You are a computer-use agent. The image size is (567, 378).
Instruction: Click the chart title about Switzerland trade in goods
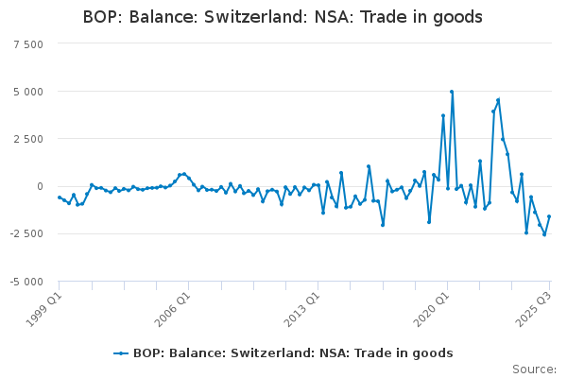(x=283, y=17)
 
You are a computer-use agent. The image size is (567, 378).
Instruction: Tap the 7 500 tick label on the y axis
(x=28, y=44)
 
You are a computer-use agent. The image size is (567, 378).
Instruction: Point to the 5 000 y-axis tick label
(x=28, y=92)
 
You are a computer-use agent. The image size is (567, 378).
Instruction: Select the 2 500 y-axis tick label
(x=28, y=139)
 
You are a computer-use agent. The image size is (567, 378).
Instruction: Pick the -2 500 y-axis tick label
(x=26, y=233)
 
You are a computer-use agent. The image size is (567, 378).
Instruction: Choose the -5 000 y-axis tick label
(x=26, y=282)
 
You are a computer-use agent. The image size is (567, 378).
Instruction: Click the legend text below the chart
(x=293, y=353)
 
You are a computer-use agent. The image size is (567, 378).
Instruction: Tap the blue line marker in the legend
(x=121, y=353)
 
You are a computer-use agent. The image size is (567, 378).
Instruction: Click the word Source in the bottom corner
(x=533, y=369)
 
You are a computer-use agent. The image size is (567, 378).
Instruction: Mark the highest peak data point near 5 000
(x=452, y=92)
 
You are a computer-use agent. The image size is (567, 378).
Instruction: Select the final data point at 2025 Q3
(x=549, y=216)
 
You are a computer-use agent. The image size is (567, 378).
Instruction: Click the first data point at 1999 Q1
(x=59, y=198)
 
